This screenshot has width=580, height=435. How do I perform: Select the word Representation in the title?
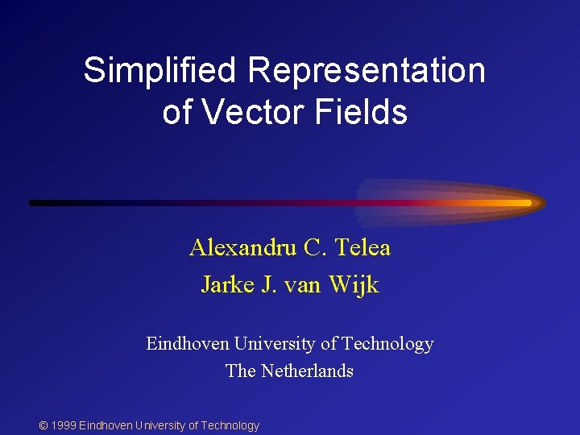click(367, 71)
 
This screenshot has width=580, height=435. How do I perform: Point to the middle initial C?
click(313, 247)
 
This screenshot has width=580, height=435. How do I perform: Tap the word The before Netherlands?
click(241, 371)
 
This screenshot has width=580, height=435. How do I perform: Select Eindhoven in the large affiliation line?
click(188, 344)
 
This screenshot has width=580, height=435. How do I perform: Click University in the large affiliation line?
click(275, 344)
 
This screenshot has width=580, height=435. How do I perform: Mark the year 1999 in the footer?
click(63, 425)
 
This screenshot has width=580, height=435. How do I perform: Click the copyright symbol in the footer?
click(43, 425)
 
